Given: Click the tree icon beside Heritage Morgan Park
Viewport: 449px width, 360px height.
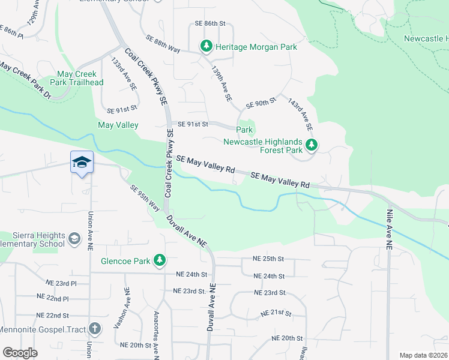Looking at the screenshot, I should pos(206,46).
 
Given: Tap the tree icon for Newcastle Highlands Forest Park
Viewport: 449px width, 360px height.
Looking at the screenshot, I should pos(311,145).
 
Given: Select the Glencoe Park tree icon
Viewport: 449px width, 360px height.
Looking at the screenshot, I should pos(160,260).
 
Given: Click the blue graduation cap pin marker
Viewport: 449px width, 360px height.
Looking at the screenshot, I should pos(82,163).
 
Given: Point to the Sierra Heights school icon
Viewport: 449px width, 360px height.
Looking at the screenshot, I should pos(74,239).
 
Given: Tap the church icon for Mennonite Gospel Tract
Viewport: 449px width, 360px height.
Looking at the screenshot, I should pos(95,328).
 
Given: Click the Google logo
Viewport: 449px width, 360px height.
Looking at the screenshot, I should pos(19,353).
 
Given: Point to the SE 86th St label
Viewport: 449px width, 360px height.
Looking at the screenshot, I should pos(209,23).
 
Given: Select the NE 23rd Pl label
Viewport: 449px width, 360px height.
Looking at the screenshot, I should pos(62,282).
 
